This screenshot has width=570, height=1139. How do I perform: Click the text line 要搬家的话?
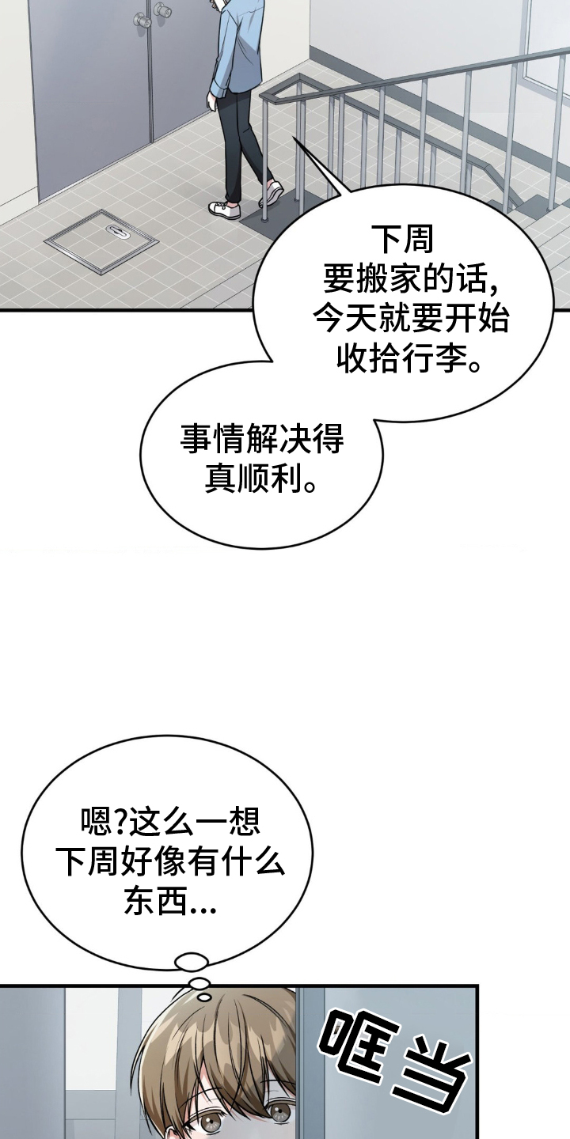410,279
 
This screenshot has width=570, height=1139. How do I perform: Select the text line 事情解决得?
262,440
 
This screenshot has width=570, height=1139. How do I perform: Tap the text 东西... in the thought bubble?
170,903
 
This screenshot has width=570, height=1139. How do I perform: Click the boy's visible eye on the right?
281,1114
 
